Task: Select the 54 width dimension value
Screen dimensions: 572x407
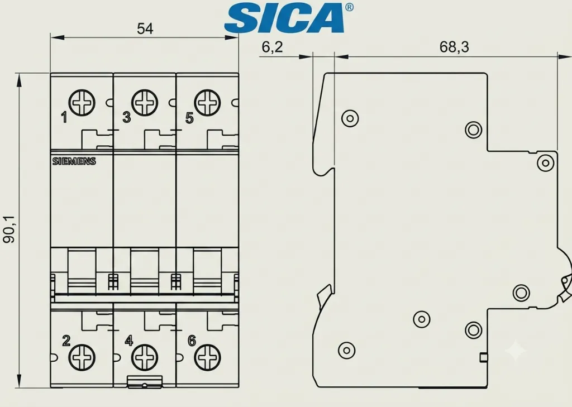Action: pos(145,28)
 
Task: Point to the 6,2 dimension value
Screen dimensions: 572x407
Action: pos(272,47)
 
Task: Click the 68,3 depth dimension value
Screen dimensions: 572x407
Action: pos(454,47)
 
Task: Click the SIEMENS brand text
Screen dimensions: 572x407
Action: pos(74,161)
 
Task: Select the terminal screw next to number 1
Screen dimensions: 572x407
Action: pos(82,103)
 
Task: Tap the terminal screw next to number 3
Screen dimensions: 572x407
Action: pos(145,103)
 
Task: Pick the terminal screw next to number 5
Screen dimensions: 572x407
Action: pos(207,103)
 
